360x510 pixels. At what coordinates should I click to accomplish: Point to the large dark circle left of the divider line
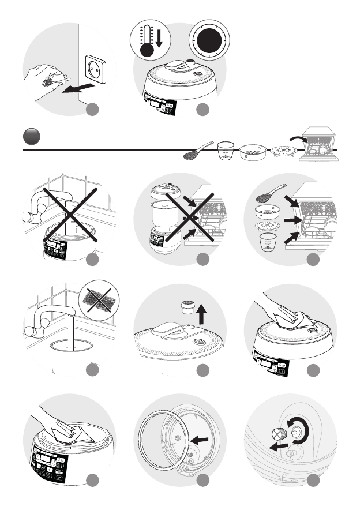31,136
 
